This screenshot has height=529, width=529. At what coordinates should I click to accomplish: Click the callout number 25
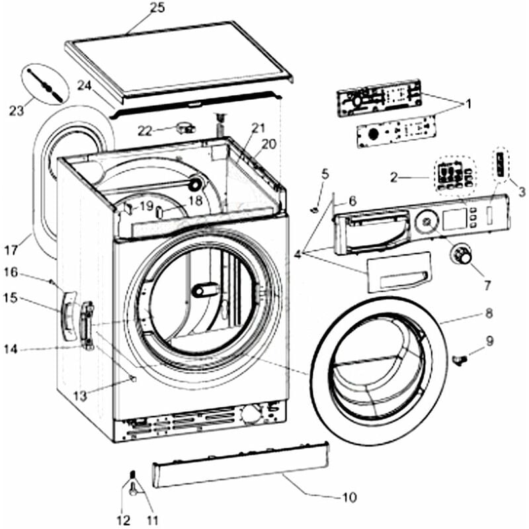tap(157, 8)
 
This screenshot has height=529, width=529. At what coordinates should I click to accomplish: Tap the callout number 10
tap(349, 497)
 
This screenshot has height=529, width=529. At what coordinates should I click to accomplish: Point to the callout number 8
tap(488, 313)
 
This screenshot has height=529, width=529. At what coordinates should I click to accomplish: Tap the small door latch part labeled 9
tap(461, 358)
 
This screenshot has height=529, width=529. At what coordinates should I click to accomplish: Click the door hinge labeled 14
tap(86, 326)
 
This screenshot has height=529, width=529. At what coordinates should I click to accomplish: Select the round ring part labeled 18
tap(196, 184)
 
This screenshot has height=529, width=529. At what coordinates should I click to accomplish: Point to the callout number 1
tap(468, 104)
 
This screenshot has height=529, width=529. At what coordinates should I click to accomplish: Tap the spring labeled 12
tap(132, 475)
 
